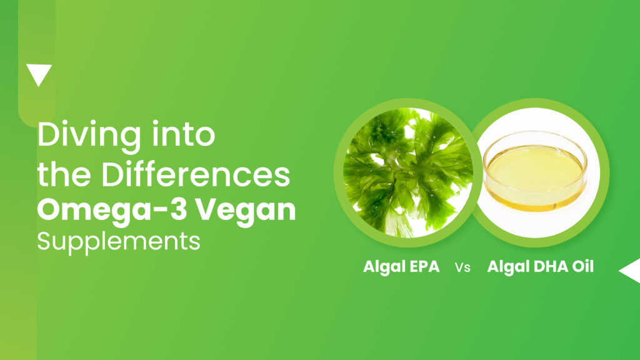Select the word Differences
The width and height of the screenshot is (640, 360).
(196, 174)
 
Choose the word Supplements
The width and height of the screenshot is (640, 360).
(119, 242)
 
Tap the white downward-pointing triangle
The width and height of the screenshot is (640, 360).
(39, 75)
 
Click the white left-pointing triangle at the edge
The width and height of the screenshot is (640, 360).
(630, 270)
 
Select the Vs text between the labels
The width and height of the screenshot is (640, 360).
(462, 267)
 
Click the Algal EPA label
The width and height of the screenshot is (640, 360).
(401, 267)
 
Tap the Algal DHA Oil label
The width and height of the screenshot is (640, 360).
(541, 267)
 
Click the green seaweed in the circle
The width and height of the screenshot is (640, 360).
(408, 172)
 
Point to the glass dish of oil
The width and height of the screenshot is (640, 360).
(535, 171)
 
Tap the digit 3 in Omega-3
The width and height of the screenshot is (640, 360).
(178, 210)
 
